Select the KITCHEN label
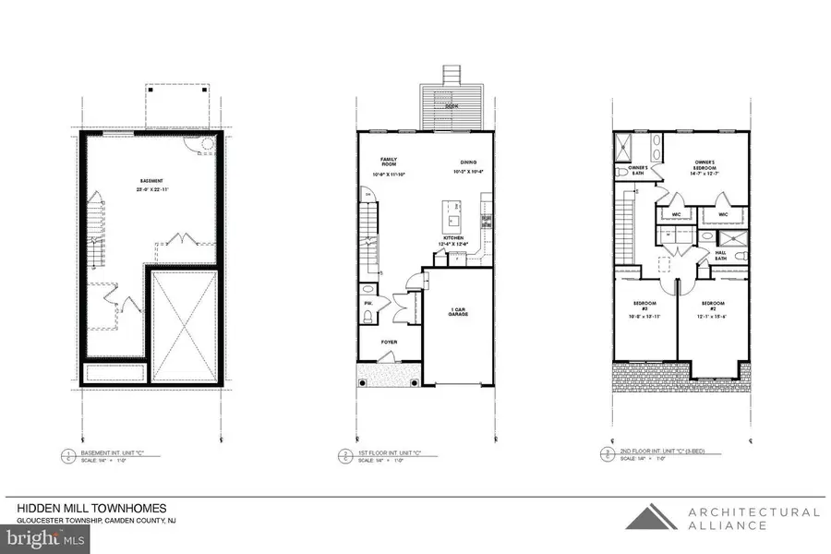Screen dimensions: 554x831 point(453,238)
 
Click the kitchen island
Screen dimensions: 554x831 point(452,217)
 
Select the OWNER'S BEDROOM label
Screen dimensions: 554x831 point(706,167)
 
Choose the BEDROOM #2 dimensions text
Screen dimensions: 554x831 point(713,317)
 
